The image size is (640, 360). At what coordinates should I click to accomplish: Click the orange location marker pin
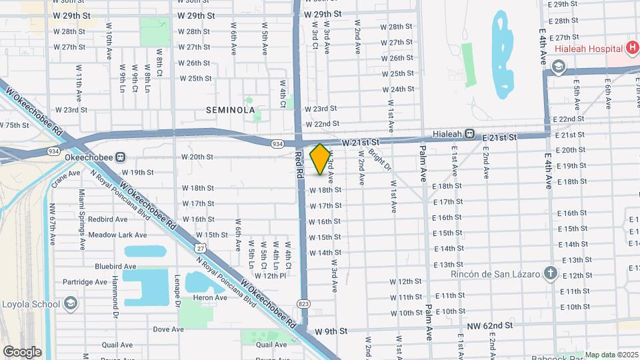tap(321, 159)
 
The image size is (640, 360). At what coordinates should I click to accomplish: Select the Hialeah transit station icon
tap(470, 133)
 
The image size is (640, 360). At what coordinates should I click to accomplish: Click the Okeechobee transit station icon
tap(121, 157)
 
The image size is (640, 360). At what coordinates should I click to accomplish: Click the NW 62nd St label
tap(491, 325)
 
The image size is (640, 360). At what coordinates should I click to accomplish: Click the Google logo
tap(22, 351)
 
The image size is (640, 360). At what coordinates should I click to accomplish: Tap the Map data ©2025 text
tap(611, 355)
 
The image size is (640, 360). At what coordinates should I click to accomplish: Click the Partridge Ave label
tap(85, 282)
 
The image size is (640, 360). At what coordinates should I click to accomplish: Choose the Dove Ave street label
tap(168, 329)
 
